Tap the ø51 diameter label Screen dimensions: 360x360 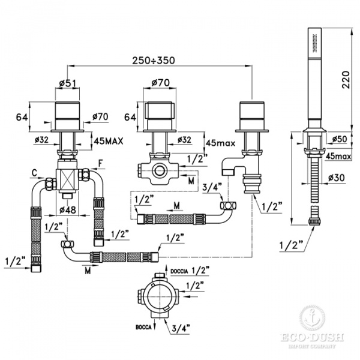[68, 83]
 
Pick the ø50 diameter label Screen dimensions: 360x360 [339, 139]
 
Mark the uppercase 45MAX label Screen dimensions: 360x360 [109, 142]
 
